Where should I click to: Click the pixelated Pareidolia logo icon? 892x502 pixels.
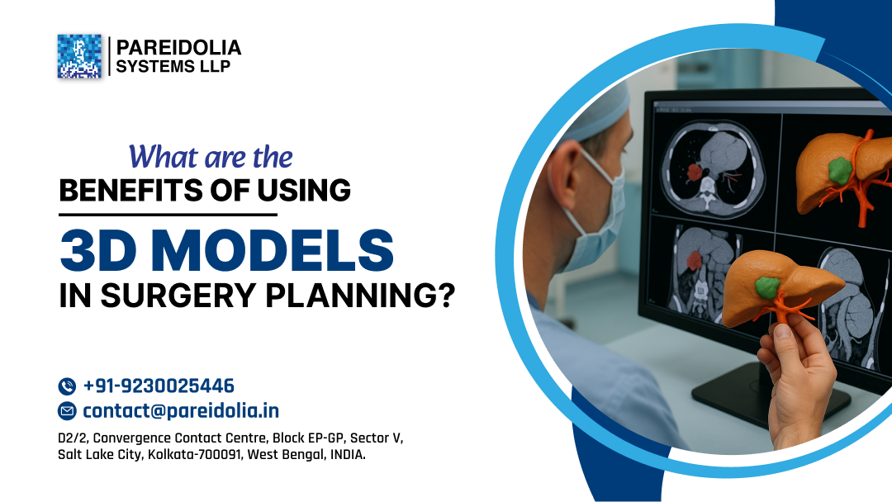[x=79, y=56]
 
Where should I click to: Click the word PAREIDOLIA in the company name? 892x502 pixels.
[x=178, y=48]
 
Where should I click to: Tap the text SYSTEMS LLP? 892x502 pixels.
[x=173, y=67]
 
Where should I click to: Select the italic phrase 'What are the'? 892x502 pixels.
[x=211, y=156]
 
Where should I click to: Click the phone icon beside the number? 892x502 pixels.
[x=67, y=386]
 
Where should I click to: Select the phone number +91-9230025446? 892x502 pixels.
[x=159, y=386]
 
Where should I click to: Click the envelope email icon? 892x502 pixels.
[x=67, y=411]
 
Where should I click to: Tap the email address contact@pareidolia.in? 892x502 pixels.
[x=181, y=410]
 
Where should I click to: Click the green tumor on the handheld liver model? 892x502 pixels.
[x=768, y=287]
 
